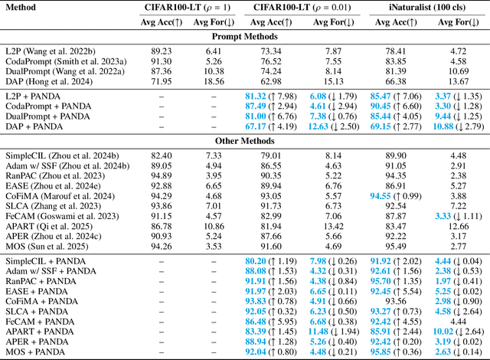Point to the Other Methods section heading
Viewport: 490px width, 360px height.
[x=245, y=141]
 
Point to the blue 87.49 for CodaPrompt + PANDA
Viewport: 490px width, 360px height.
[x=256, y=104]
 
